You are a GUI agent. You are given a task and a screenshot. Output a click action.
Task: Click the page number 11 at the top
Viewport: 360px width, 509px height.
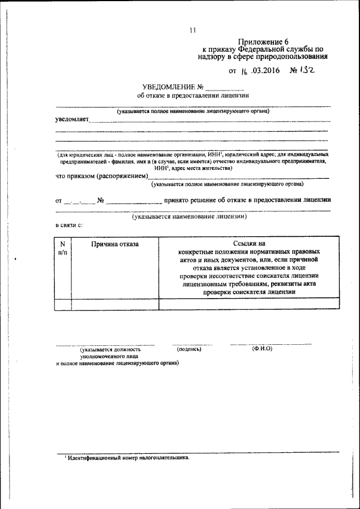click(192, 30)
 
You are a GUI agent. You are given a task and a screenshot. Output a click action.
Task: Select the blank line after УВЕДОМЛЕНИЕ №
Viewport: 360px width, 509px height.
click(225, 88)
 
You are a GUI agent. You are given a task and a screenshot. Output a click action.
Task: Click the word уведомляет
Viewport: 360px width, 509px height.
click(71, 119)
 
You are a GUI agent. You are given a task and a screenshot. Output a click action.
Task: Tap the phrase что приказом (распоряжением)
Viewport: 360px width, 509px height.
click(102, 176)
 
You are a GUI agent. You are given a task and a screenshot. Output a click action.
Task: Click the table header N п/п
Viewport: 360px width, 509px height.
click(62, 248)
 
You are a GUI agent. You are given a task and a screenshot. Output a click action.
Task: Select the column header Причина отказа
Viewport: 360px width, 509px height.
click(115, 244)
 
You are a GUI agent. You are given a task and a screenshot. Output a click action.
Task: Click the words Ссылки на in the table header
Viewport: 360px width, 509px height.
click(249, 244)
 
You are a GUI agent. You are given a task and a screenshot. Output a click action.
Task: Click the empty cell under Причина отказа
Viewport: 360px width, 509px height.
click(115, 304)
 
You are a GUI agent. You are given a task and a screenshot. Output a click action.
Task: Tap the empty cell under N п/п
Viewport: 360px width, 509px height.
click(62, 304)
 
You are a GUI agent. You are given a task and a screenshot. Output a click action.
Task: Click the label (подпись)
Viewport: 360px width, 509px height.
click(189, 349)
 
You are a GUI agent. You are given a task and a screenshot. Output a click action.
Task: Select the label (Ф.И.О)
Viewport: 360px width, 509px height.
click(262, 349)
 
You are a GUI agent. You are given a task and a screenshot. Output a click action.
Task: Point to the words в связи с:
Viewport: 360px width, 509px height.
click(69, 225)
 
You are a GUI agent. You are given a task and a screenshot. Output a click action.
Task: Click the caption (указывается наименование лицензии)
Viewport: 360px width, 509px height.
click(190, 217)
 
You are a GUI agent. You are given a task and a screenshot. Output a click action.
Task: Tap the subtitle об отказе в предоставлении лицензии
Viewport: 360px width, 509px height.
click(189, 96)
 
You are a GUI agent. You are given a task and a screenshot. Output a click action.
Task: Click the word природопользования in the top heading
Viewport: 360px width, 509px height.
click(295, 57)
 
